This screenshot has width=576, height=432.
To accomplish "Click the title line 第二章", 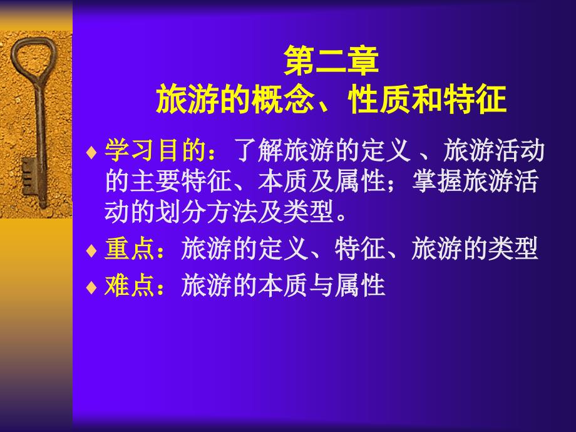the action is (331, 61).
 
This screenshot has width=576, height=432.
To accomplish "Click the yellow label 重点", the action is (130, 249).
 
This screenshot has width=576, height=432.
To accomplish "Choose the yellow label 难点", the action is (130, 285).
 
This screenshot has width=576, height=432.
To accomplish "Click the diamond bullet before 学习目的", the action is (91, 152).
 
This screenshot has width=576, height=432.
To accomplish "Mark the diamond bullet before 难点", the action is (91, 287).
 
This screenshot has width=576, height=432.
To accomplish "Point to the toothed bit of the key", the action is (29, 177).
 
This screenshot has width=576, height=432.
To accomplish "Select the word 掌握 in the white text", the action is (437, 181).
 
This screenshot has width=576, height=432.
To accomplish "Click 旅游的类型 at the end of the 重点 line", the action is (475, 249).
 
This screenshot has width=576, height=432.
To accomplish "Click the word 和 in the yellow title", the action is (427, 99).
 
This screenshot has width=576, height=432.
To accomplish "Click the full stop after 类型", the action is (341, 217).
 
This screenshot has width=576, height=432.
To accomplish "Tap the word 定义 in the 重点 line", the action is (283, 249).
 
